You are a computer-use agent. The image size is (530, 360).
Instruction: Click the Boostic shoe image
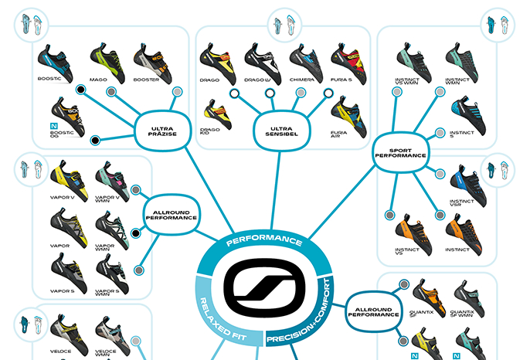click(x=56, y=60)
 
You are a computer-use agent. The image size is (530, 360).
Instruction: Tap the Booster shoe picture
click(x=150, y=59)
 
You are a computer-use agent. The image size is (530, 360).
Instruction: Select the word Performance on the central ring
click(x=265, y=240)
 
